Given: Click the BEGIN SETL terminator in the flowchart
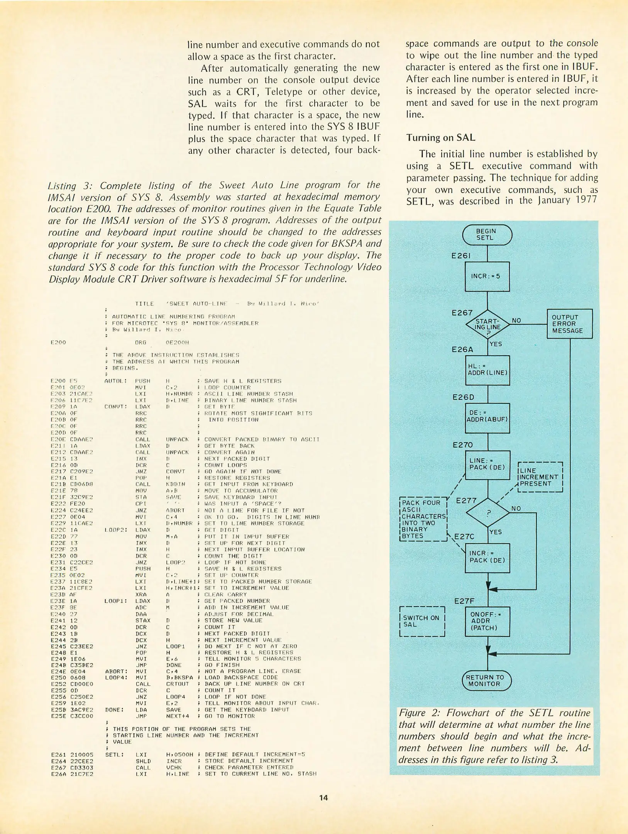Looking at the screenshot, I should (487, 235).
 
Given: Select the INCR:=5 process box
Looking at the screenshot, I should (487, 276).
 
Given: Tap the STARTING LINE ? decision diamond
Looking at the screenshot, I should (488, 324).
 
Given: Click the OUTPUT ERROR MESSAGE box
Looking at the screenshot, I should (569, 324).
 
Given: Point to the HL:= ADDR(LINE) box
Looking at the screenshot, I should (488, 370).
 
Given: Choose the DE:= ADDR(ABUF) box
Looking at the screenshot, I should (488, 418).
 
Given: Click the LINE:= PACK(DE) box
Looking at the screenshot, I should (488, 465).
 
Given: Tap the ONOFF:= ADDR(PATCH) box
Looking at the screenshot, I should (488, 621).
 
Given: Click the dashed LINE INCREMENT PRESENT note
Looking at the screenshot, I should (540, 477).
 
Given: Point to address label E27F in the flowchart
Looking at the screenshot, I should (464, 601).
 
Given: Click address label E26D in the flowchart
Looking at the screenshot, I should (463, 397).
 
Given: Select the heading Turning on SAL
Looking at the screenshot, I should (440, 138).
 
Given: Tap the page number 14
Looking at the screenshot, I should (323, 797).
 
